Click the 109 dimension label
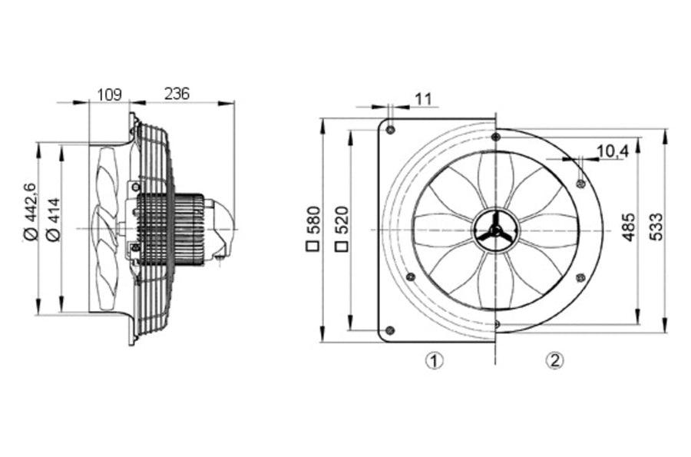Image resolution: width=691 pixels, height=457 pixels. click(109, 94)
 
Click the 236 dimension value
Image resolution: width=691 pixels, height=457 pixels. click(177, 94)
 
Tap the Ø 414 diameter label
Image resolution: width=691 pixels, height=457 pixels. click(53, 219)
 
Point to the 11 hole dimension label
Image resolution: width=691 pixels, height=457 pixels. click(424, 99)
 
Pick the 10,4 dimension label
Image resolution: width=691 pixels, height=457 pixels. click(613, 151)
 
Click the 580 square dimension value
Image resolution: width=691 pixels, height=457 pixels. click(313, 220)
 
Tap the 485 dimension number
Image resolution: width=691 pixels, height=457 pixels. click(629, 227)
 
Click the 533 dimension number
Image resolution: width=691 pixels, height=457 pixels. click(656, 227)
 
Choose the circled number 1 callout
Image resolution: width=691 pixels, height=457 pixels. click(434, 360)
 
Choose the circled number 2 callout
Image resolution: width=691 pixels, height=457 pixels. click(554, 360)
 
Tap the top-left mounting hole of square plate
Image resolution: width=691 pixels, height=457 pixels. click(390, 130)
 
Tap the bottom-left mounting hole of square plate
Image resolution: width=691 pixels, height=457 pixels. click(389, 330)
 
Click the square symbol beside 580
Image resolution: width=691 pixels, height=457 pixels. click(313, 246)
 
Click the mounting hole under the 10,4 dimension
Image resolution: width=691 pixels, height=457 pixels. click(581, 183)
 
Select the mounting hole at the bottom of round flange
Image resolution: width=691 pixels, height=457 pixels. click(496, 324)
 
